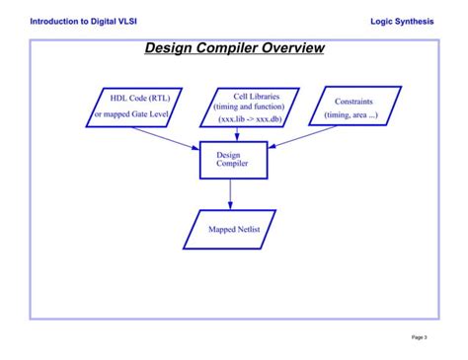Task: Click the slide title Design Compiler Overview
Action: [234, 48]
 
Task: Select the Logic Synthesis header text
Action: [401, 21]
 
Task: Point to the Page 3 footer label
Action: [420, 337]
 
